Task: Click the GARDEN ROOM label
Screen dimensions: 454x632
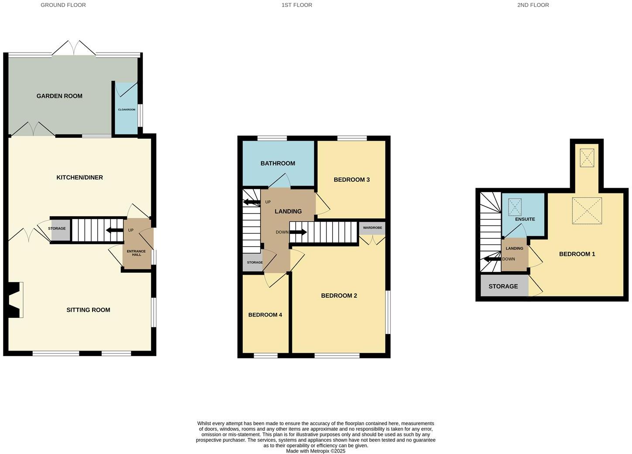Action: coord(59,96)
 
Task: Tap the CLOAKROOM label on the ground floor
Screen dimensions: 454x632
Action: coord(127,110)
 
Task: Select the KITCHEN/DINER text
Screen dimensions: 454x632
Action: coord(79,177)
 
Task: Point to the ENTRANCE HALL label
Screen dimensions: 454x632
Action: coord(136,253)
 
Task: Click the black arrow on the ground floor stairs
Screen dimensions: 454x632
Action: coord(115,230)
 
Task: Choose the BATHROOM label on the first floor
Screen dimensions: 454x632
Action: coord(278,163)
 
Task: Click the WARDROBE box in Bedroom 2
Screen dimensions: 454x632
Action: coord(372,228)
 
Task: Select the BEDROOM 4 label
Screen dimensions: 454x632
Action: coord(265,315)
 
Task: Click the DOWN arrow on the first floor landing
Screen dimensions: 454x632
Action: coord(299,232)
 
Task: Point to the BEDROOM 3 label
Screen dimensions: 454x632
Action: coord(351,179)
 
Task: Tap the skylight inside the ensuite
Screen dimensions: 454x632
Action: coord(515,207)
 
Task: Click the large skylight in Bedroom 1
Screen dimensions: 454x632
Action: coord(587,210)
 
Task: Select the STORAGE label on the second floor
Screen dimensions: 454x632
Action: coord(503,286)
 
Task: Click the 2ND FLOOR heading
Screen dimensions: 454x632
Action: coord(533,5)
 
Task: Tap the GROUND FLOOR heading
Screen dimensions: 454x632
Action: coord(63,5)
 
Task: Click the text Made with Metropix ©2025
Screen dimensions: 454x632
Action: coord(316,451)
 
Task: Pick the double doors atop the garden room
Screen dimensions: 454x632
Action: coord(74,48)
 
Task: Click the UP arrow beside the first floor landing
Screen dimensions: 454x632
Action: coord(251,202)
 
